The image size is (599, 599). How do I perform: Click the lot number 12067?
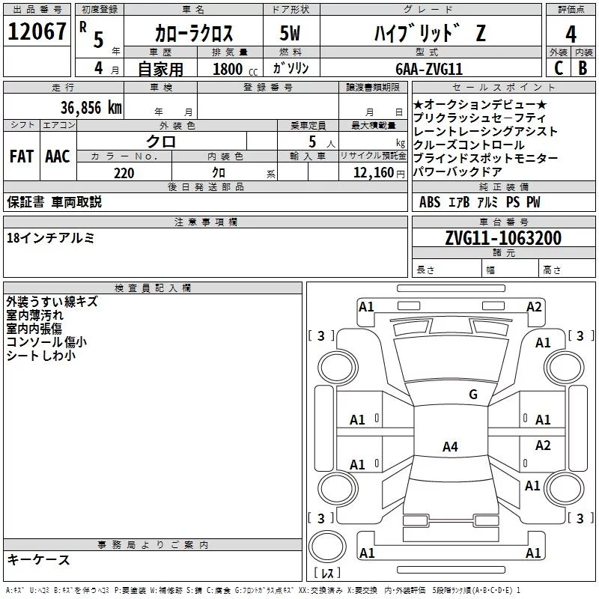pyautogui.click(x=36, y=33)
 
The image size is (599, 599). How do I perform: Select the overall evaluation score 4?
pyautogui.click(x=571, y=34)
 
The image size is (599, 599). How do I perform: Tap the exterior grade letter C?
pyautogui.click(x=558, y=68)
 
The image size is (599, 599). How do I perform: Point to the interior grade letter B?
pyautogui.click(x=583, y=68)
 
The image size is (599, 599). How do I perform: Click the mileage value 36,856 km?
pyautogui.click(x=91, y=107)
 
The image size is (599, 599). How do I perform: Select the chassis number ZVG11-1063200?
pyautogui.click(x=503, y=238)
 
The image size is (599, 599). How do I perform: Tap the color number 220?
pyautogui.click(x=124, y=173)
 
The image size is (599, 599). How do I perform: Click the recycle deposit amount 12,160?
pyautogui.click(x=373, y=173)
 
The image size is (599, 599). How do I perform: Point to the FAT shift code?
pyautogui.click(x=22, y=156)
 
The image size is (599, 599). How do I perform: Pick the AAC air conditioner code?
pyautogui.click(x=58, y=156)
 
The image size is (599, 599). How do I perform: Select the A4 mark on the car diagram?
pyautogui.click(x=450, y=447)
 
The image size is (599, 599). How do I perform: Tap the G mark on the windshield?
pyautogui.click(x=473, y=395)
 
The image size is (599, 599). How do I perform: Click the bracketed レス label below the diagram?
pyautogui.click(x=327, y=574)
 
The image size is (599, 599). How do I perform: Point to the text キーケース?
pyautogui.click(x=38, y=559)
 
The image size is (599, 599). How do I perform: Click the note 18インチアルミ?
pyautogui.click(x=50, y=237)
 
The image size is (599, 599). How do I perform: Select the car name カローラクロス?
pyautogui.click(x=194, y=34)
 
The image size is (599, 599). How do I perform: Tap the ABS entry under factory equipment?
pyautogui.click(x=430, y=202)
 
